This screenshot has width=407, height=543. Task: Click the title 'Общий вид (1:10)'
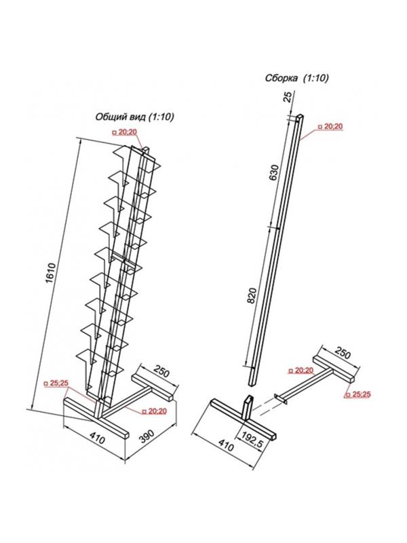[x=134, y=117]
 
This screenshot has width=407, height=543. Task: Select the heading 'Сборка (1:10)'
[x=296, y=78]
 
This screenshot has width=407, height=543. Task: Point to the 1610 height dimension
[x=51, y=273]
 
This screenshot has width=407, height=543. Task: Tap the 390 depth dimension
[x=147, y=437]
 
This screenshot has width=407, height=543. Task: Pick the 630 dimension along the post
[x=273, y=172]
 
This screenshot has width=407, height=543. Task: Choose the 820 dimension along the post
[x=252, y=295]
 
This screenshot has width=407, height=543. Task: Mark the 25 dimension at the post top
[x=288, y=96]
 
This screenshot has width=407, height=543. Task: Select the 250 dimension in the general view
[x=161, y=371]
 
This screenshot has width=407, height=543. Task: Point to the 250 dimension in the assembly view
[x=343, y=353]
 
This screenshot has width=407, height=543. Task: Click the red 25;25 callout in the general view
[x=56, y=383]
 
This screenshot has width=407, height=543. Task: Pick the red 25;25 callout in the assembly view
[x=358, y=394]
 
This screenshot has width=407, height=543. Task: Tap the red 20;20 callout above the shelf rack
[x=124, y=132]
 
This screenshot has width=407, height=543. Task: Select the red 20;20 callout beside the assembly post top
[x=330, y=126]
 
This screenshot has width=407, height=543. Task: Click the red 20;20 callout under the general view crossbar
[x=154, y=411]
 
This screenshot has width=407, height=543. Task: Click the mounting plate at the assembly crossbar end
[x=279, y=399]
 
